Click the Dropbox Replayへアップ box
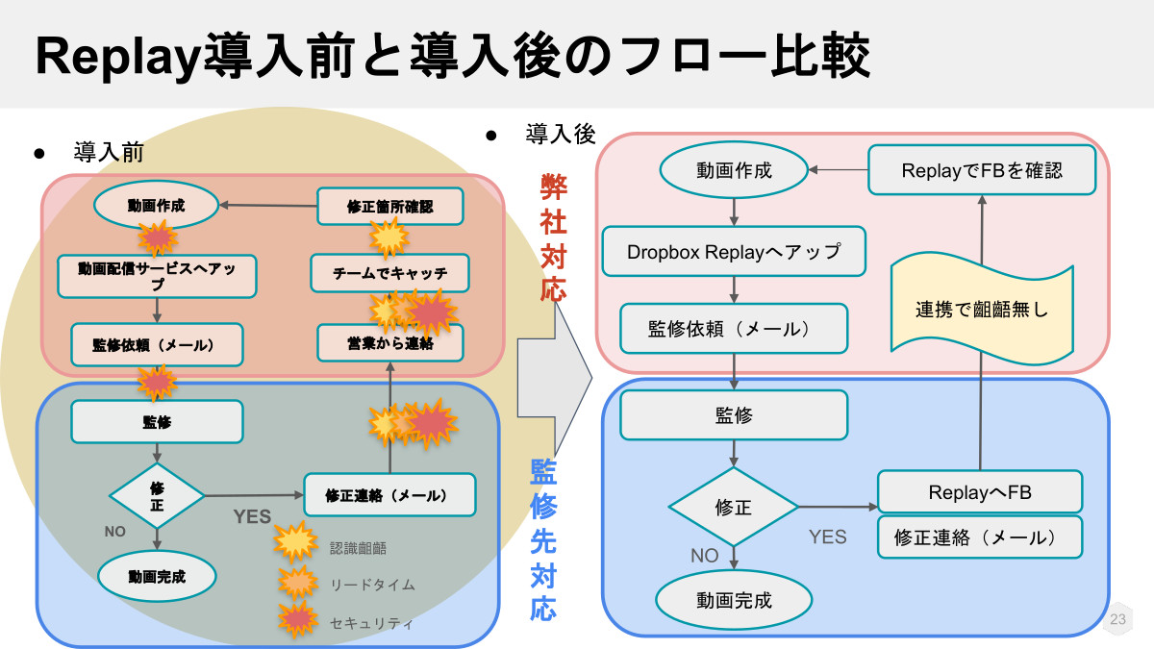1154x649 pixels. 734,252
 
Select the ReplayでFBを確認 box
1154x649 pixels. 982,170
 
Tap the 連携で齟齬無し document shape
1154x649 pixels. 981,310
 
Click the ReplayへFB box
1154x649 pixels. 980,492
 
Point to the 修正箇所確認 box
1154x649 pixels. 389,206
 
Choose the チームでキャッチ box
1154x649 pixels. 389,273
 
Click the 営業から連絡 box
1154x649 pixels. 389,342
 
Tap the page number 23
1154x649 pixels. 1117,620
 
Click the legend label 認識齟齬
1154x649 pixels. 358,547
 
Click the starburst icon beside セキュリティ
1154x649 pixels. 296,621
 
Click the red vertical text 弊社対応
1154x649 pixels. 553,237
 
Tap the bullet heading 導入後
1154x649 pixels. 561,135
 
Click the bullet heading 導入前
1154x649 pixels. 109,152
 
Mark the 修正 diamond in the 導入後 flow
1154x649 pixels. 734,508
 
